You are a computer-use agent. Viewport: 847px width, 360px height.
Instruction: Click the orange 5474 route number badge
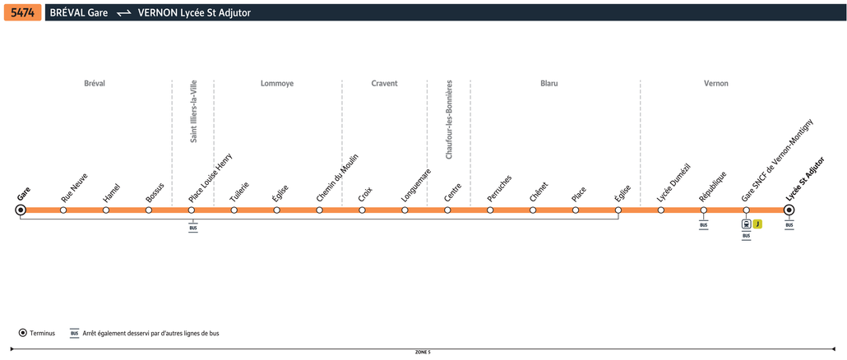click(23, 13)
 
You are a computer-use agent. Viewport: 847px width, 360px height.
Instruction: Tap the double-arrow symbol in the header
click(124, 13)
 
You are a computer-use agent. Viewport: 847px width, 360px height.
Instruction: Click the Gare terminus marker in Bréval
click(21, 210)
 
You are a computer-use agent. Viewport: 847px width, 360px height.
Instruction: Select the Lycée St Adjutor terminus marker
click(789, 210)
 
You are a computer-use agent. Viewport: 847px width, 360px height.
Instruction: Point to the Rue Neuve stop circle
click(63, 210)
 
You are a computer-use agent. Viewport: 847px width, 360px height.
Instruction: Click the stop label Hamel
click(111, 194)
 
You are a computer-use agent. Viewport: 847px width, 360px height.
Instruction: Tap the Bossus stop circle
click(149, 210)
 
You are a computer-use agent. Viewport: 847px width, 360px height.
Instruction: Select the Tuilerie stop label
click(240, 192)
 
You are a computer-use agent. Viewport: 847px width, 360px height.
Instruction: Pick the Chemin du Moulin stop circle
click(319, 210)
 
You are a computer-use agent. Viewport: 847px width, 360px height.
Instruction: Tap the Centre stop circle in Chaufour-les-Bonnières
click(447, 210)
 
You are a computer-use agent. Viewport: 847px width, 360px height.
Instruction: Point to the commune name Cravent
click(385, 84)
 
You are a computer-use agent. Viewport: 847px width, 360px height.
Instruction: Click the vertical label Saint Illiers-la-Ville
click(194, 111)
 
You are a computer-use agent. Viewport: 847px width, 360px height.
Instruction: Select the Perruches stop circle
click(490, 210)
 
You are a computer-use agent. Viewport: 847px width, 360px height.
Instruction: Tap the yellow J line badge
click(757, 224)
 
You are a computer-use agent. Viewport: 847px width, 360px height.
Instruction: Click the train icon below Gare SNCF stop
click(746, 224)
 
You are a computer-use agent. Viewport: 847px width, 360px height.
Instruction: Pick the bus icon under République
click(703, 225)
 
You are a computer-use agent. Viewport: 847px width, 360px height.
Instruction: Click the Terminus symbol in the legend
click(23, 333)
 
